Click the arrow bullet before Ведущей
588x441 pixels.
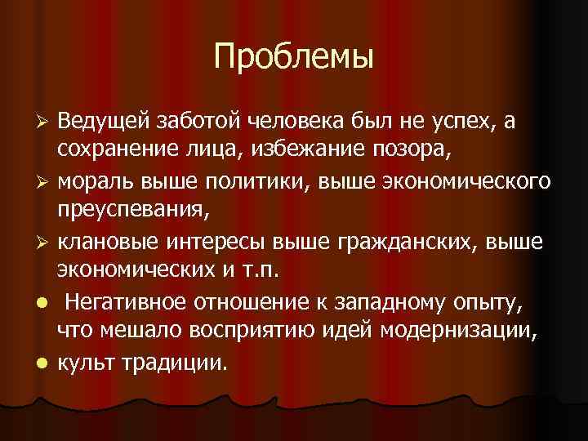pos(46,122)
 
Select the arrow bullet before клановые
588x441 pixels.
pos(46,241)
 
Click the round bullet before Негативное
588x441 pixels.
pos(46,301)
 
